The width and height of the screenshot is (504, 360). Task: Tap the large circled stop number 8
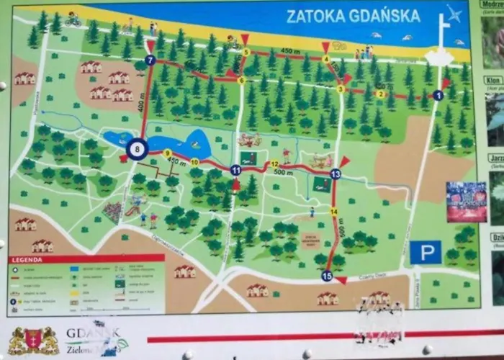(138, 149)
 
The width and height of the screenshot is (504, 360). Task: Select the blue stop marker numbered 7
(150, 60)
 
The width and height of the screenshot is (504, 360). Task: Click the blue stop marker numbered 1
(438, 95)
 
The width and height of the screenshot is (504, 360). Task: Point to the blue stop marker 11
(235, 170)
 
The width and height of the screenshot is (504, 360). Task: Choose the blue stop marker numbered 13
(335, 174)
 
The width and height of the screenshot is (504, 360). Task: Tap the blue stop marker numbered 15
(327, 276)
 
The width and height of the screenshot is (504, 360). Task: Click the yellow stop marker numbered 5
(246, 52)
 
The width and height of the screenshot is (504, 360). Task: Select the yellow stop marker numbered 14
(333, 211)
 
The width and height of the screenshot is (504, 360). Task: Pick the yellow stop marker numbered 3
(341, 89)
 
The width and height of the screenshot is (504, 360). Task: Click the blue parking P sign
(426, 251)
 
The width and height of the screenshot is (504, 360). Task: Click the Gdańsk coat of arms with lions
(33, 341)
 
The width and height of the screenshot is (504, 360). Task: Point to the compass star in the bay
(454, 14)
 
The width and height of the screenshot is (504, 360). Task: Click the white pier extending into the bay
(440, 43)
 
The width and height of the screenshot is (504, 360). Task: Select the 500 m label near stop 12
(283, 173)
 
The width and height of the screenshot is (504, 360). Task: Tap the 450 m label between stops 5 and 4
(290, 51)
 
